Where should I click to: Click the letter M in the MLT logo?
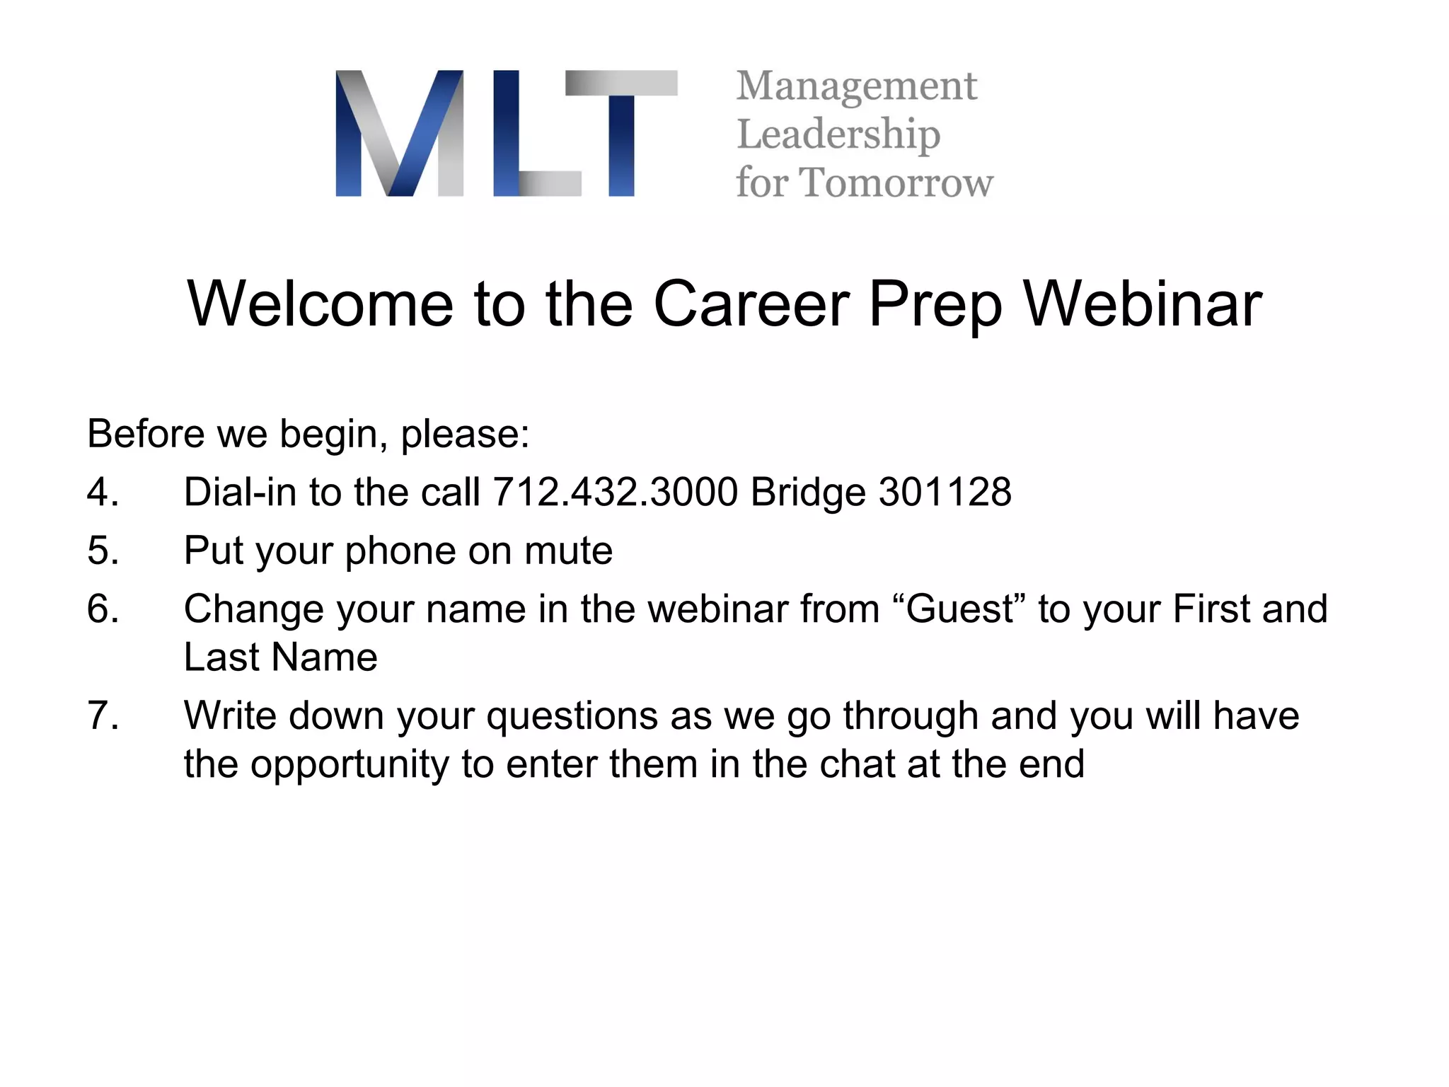(x=400, y=133)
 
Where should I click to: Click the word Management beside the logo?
(x=856, y=87)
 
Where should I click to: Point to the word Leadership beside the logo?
(x=838, y=134)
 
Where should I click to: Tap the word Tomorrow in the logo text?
(x=896, y=183)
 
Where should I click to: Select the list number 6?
(x=102, y=609)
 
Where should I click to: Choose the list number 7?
(x=102, y=715)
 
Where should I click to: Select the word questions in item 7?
(x=572, y=716)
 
